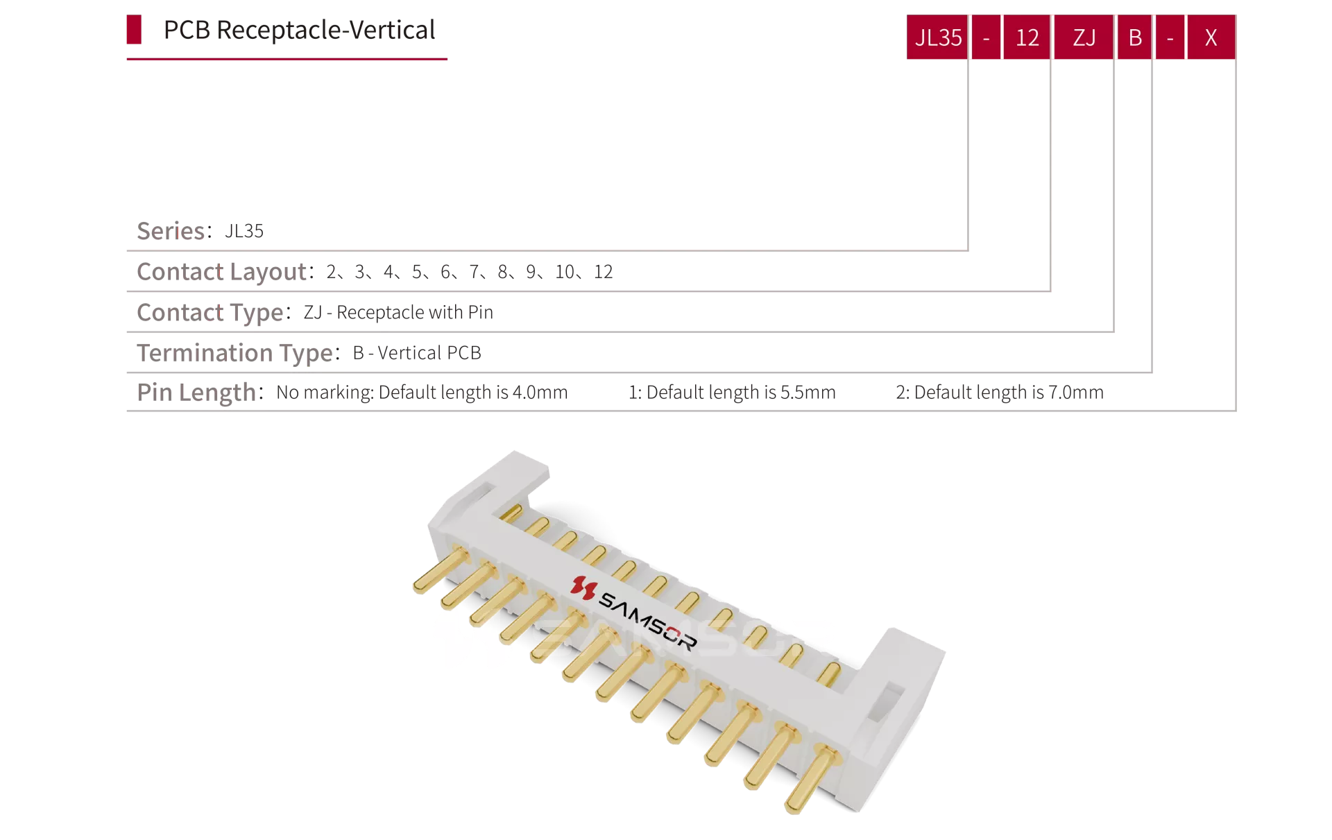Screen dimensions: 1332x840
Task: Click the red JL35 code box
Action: pos(937,37)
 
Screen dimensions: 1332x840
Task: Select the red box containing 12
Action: pos(1027,37)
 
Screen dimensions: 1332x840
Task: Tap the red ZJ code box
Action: pos(1084,37)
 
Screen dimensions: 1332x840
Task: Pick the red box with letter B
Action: pos(1135,37)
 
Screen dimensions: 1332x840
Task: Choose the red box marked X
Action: pos(1211,37)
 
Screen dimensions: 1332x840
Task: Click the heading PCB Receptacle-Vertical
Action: pos(299,31)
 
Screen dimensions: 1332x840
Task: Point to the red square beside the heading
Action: pos(134,29)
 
